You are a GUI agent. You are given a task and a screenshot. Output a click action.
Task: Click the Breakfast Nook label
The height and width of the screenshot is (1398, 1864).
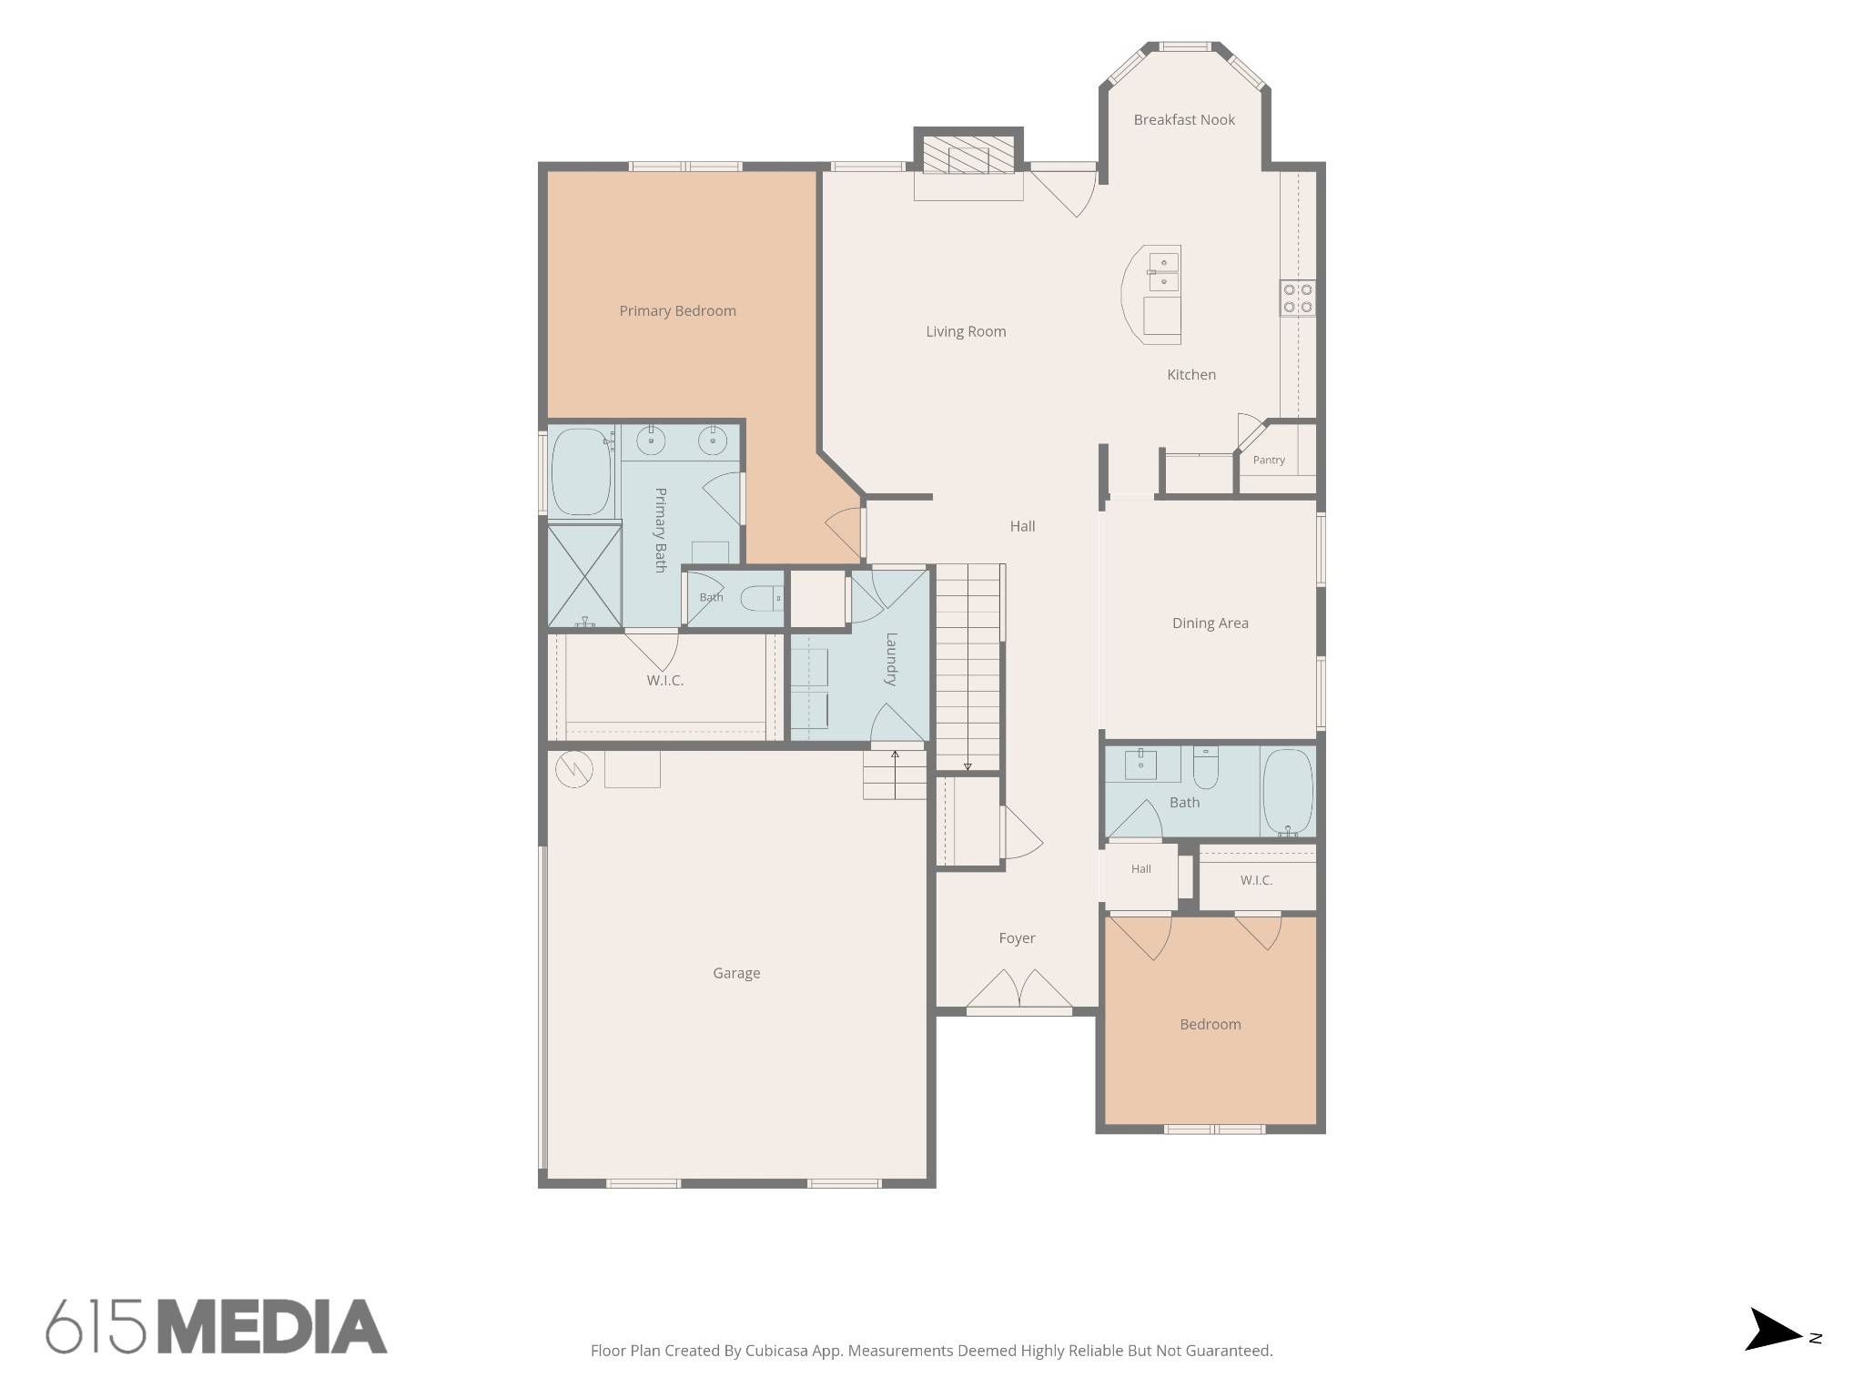[1184, 119]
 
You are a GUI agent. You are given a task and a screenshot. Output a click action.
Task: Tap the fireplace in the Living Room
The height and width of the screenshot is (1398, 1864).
[968, 154]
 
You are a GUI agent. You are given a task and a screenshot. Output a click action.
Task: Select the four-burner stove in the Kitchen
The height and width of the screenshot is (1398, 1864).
[1298, 298]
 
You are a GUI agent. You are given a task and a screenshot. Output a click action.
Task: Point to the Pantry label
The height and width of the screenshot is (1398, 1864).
[1269, 460]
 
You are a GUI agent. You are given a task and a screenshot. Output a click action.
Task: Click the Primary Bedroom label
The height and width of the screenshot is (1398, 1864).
[677, 311]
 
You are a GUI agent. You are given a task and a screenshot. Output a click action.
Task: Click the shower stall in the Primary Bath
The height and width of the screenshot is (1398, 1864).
[584, 576]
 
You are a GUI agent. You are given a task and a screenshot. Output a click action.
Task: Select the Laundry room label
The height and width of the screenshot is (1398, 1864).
[891, 659]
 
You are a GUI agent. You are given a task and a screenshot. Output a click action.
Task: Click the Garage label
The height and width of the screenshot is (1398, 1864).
[736, 973]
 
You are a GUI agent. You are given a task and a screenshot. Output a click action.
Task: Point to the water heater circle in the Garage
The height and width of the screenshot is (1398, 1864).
[574, 770]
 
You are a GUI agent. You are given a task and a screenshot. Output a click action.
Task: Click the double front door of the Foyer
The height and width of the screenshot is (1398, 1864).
[1018, 990]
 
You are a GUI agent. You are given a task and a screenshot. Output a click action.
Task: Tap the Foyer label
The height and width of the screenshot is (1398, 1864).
[1017, 938]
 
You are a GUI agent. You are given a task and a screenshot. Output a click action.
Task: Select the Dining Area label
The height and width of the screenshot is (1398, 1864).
[1211, 623]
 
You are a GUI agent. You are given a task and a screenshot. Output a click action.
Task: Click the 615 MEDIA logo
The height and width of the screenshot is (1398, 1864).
[217, 1326]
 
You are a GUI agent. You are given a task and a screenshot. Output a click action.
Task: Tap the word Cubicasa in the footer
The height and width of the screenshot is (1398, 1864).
[779, 1351]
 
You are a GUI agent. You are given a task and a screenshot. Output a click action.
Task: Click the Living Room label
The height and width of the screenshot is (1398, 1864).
[966, 331]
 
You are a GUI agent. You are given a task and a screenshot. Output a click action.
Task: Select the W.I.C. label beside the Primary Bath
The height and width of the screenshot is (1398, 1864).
[665, 681]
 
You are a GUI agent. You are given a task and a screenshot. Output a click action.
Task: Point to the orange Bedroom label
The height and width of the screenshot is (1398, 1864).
[1211, 1025]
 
